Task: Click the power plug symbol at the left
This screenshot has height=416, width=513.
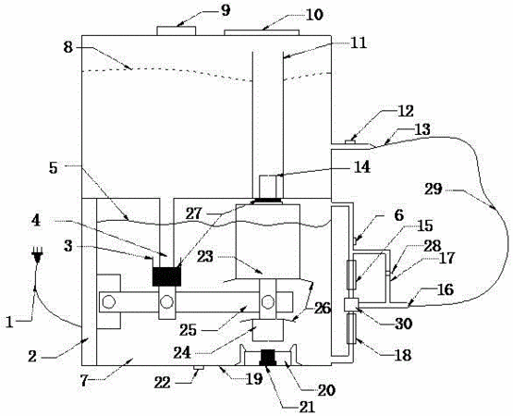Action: (x=37, y=256)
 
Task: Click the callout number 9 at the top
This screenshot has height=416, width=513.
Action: (x=226, y=10)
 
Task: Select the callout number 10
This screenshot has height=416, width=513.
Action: (x=314, y=15)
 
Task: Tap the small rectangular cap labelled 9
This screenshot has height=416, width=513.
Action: (x=176, y=31)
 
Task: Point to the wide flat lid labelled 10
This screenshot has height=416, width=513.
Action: (x=262, y=32)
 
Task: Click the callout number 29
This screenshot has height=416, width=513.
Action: (x=434, y=190)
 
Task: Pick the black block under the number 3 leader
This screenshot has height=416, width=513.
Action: (x=167, y=276)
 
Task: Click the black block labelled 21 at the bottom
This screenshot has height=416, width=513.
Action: (x=268, y=358)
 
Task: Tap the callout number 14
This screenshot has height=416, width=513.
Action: (x=360, y=166)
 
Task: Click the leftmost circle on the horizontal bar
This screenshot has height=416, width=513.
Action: (x=107, y=302)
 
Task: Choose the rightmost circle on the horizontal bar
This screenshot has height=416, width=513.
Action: (x=268, y=302)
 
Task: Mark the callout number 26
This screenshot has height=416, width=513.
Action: (x=322, y=308)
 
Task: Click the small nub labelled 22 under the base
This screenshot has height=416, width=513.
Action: (x=199, y=368)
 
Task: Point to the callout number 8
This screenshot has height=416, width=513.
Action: (x=67, y=47)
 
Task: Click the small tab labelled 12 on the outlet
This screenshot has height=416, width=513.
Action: (x=350, y=141)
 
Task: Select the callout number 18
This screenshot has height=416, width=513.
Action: (x=403, y=355)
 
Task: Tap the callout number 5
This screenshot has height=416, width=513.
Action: (x=53, y=168)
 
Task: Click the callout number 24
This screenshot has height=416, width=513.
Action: (x=183, y=353)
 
